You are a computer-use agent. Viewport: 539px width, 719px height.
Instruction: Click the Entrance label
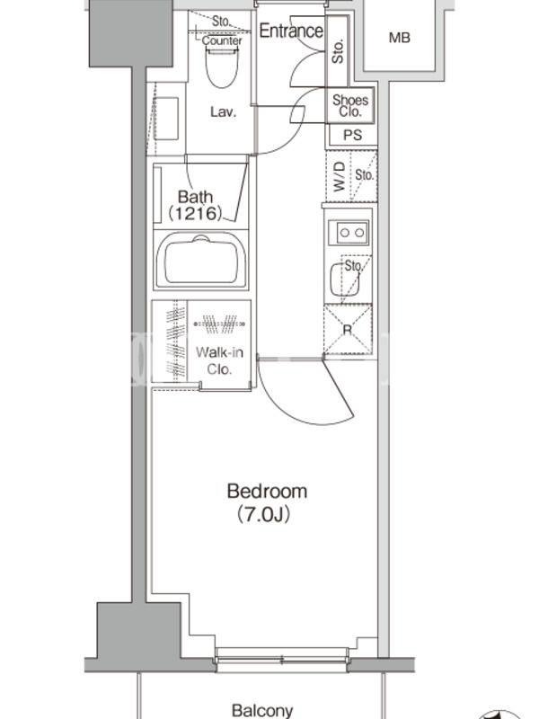click(291, 31)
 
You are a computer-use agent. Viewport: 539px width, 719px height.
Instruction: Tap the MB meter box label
click(399, 38)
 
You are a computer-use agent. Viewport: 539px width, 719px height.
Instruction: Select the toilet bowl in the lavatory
click(222, 68)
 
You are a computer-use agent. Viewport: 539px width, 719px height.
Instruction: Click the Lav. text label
click(223, 111)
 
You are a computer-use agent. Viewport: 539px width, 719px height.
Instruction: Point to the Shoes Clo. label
click(350, 105)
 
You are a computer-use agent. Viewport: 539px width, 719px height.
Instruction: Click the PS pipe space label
click(352, 135)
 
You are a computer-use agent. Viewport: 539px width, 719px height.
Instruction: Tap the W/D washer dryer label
click(339, 176)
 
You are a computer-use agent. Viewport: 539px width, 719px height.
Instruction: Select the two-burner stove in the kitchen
click(349, 233)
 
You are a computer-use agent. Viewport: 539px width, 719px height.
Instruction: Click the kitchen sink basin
click(344, 280)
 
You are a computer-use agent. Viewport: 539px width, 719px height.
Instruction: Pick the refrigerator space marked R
click(348, 329)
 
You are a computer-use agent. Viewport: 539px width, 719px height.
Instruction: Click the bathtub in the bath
click(200, 260)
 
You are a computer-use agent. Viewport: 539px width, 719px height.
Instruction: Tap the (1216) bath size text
click(196, 213)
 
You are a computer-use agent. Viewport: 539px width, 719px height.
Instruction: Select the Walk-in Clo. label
click(219, 360)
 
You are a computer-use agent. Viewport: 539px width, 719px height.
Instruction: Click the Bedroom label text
click(267, 491)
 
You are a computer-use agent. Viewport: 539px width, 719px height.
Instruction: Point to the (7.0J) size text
click(264, 515)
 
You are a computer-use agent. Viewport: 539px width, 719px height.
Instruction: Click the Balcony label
click(262, 710)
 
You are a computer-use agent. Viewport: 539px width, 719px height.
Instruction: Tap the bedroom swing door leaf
click(339, 389)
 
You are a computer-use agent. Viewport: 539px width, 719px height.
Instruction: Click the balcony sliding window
click(282, 660)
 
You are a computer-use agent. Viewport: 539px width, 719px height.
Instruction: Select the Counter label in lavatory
click(222, 40)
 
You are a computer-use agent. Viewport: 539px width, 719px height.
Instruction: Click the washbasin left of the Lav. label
click(165, 119)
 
